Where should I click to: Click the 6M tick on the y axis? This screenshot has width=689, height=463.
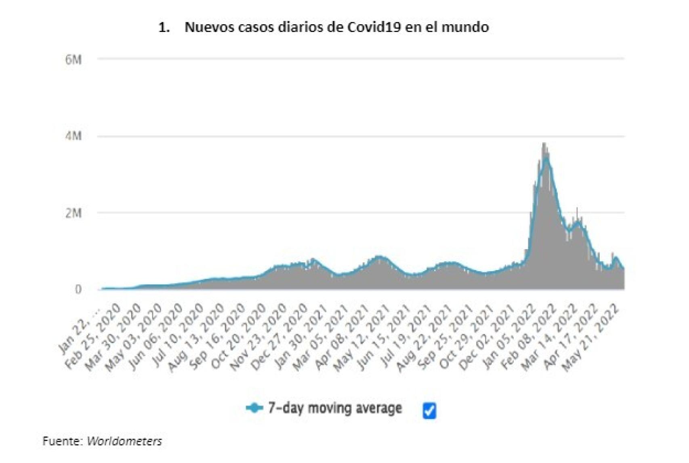[x=73, y=60]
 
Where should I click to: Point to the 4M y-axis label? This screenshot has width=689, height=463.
[x=73, y=136]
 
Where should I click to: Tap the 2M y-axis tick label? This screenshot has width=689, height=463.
[x=73, y=213]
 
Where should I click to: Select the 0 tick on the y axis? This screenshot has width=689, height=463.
[x=78, y=289]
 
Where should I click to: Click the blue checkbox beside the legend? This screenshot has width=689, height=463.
[x=429, y=411]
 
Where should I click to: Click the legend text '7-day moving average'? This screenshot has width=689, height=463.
[x=335, y=408]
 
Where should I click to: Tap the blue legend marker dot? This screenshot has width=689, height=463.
[x=254, y=408]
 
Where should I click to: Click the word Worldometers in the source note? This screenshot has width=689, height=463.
[x=124, y=441]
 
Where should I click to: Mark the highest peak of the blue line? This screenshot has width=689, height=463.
[x=546, y=158]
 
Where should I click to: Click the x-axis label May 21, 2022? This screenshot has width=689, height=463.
[x=592, y=338]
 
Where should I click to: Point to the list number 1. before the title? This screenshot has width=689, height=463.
[x=164, y=27]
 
